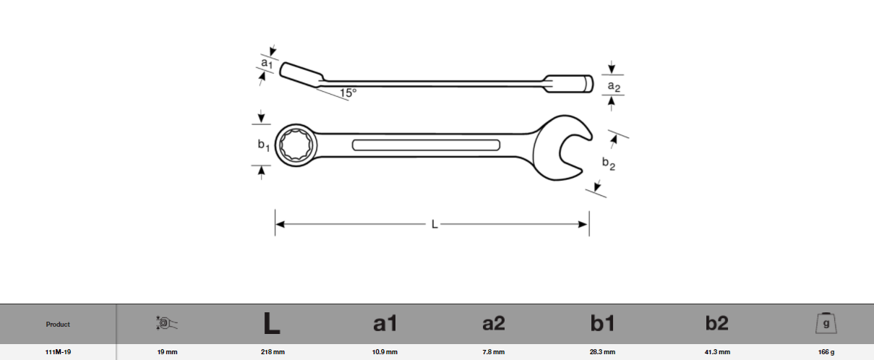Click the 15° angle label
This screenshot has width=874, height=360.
(x=348, y=93)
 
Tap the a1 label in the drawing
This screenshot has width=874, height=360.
(x=266, y=64)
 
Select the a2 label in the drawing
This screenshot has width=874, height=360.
(x=613, y=87)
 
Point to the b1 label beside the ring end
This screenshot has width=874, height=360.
(x=264, y=145)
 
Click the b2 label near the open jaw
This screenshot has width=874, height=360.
(x=609, y=164)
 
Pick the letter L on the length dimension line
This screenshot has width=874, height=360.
(x=434, y=225)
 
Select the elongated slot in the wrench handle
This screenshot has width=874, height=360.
(x=426, y=145)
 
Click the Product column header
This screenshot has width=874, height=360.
(x=58, y=325)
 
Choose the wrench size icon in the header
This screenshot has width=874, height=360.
(x=166, y=323)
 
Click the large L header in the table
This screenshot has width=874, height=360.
(x=271, y=324)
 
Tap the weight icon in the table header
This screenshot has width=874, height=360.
(x=826, y=323)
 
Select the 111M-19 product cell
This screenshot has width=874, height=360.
(x=58, y=352)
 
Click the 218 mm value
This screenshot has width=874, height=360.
(x=272, y=352)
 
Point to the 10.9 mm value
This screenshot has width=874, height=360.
(x=385, y=352)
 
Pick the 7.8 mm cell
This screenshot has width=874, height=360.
(x=493, y=352)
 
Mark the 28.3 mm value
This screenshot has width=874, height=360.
(x=602, y=352)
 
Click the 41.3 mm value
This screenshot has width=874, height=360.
(x=716, y=352)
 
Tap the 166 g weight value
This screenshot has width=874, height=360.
(x=826, y=352)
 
